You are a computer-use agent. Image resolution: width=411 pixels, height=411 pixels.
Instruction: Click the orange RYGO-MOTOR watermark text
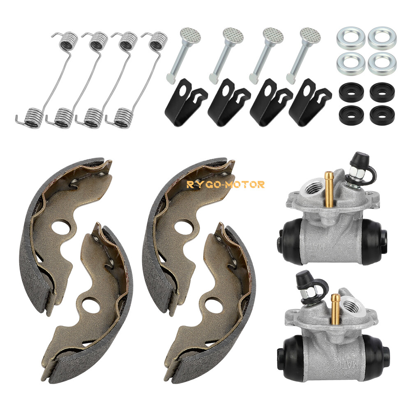226,185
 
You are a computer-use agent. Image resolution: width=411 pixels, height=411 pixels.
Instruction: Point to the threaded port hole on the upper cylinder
312,189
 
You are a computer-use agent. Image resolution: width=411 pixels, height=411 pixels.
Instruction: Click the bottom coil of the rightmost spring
123,115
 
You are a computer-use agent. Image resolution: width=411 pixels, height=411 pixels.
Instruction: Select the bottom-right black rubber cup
381,115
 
